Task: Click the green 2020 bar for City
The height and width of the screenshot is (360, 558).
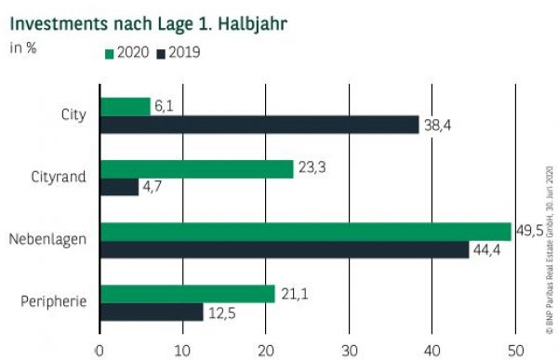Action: click(x=125, y=107)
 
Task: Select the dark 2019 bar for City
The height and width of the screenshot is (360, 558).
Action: click(x=259, y=125)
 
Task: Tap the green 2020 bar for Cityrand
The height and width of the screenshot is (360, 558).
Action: click(x=196, y=169)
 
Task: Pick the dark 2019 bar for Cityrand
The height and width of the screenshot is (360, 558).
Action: click(x=119, y=187)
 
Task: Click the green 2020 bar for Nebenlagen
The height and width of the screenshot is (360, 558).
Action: click(x=305, y=232)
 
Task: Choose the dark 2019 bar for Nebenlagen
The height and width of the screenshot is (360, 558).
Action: click(x=284, y=249)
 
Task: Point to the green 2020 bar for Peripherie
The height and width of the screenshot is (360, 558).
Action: click(x=187, y=294)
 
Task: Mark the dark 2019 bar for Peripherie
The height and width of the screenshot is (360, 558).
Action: click(x=152, y=312)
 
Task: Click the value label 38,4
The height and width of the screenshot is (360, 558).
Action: click(x=438, y=126)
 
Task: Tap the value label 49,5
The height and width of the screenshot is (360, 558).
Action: click(x=531, y=231)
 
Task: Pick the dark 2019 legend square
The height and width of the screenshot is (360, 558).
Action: click(x=162, y=53)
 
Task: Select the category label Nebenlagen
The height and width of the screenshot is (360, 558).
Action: click(x=47, y=240)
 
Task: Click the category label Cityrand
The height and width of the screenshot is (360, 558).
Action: click(x=57, y=178)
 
